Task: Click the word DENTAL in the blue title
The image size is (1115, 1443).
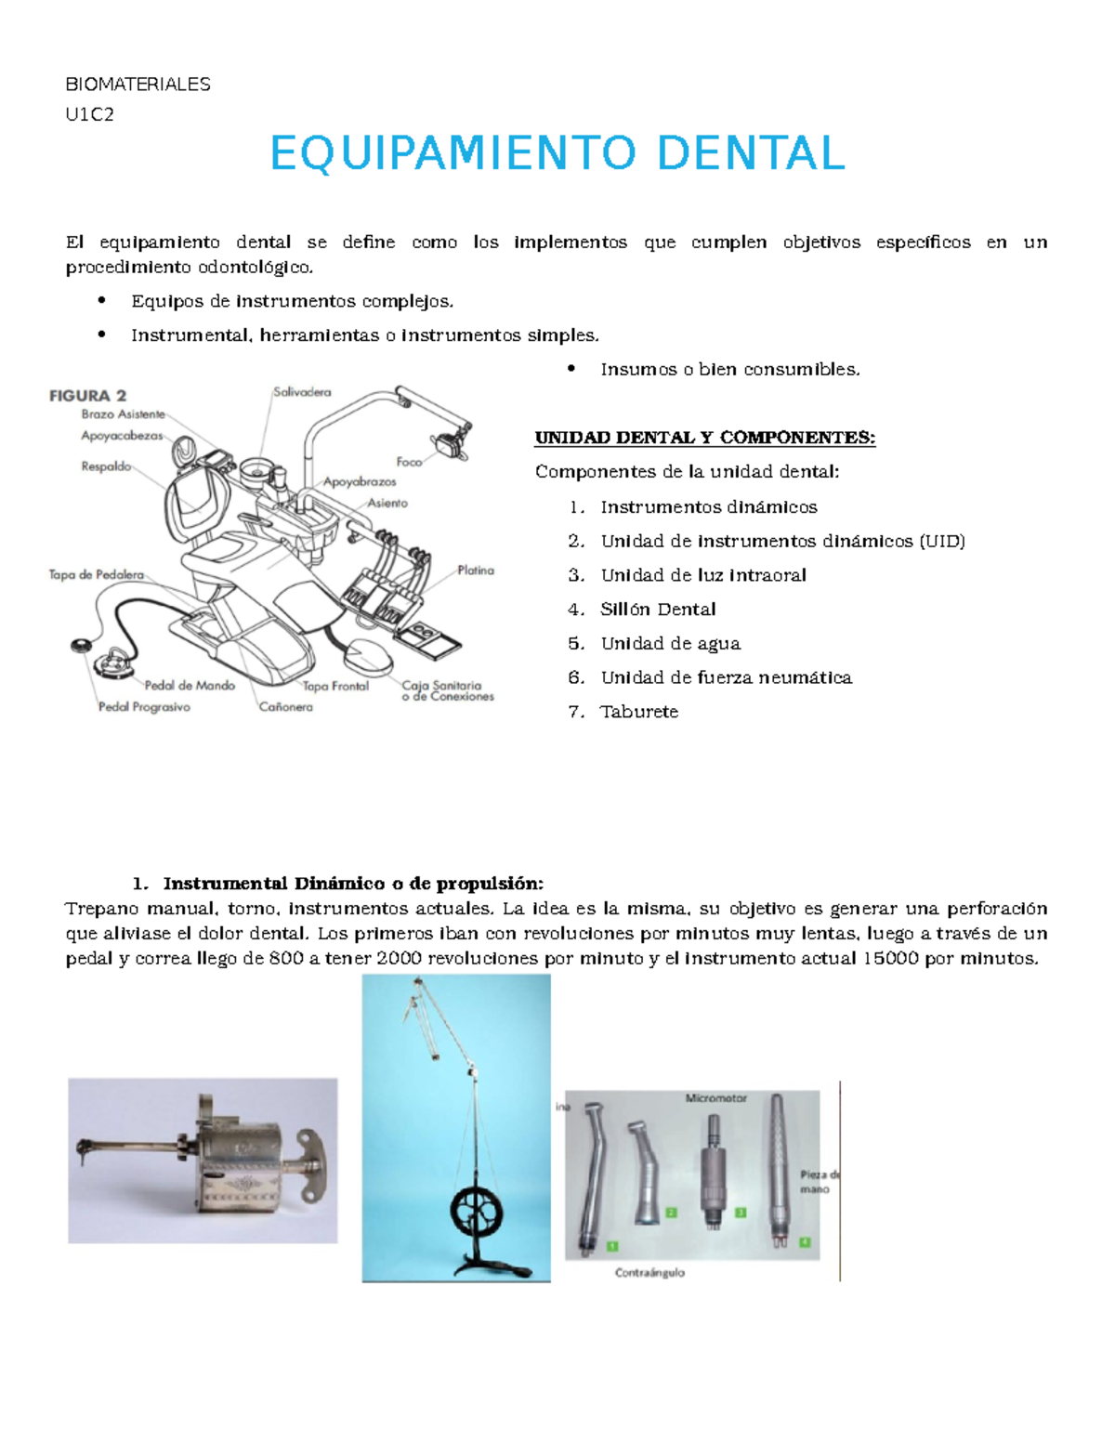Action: (x=751, y=154)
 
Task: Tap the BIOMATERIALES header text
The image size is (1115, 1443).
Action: (x=138, y=85)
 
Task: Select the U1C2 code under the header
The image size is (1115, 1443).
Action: (x=89, y=114)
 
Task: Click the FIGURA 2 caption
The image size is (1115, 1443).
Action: (x=87, y=396)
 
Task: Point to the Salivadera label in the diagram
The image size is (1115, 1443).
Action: (x=301, y=392)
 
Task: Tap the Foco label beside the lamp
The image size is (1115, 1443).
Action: (x=409, y=462)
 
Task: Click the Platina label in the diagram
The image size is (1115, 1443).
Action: (x=475, y=571)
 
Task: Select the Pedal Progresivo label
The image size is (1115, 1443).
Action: (x=144, y=707)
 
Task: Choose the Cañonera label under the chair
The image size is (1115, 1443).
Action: (x=285, y=707)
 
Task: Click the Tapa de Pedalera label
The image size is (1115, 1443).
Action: (x=96, y=575)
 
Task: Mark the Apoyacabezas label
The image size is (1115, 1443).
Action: (x=122, y=435)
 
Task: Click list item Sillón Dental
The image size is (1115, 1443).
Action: (x=658, y=610)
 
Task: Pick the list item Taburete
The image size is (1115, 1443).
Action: (x=639, y=712)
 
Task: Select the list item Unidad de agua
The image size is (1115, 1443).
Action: (x=670, y=644)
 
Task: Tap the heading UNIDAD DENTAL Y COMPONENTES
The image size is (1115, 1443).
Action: (x=704, y=438)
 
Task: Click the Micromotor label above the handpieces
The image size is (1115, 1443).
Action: (x=715, y=1098)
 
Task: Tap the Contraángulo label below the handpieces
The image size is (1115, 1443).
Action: (x=649, y=1272)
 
